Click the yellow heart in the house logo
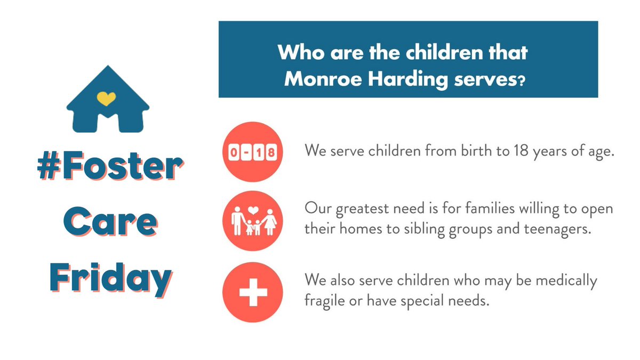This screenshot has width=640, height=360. (107, 98)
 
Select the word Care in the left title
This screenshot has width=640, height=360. (110, 222)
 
